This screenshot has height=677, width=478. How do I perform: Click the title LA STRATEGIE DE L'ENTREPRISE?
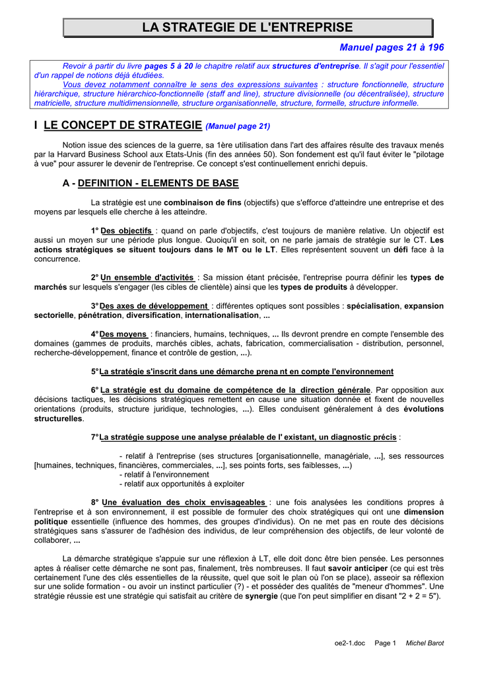click(x=248, y=28)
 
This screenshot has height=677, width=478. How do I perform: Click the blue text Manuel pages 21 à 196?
click(x=392, y=48)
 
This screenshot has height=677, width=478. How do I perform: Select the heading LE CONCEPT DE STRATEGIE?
click(x=122, y=125)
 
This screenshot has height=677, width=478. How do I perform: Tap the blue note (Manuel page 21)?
click(x=238, y=126)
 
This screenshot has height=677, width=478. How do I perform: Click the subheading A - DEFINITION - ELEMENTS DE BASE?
click(x=150, y=183)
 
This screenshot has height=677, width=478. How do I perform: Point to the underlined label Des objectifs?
click(x=126, y=231)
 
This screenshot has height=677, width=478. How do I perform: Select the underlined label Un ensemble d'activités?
click(x=147, y=278)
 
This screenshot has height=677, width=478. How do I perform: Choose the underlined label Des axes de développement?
click(x=153, y=306)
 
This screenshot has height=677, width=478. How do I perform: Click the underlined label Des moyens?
click(x=123, y=335)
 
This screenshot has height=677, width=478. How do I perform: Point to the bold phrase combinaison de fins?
click(x=202, y=202)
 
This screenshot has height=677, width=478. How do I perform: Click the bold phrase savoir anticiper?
click(x=358, y=568)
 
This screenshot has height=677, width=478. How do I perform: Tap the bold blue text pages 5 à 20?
click(x=168, y=66)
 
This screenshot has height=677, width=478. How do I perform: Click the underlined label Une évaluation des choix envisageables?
click(x=184, y=502)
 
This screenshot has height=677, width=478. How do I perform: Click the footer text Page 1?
click(x=385, y=643)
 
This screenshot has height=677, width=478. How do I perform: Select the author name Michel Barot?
click(x=425, y=643)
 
